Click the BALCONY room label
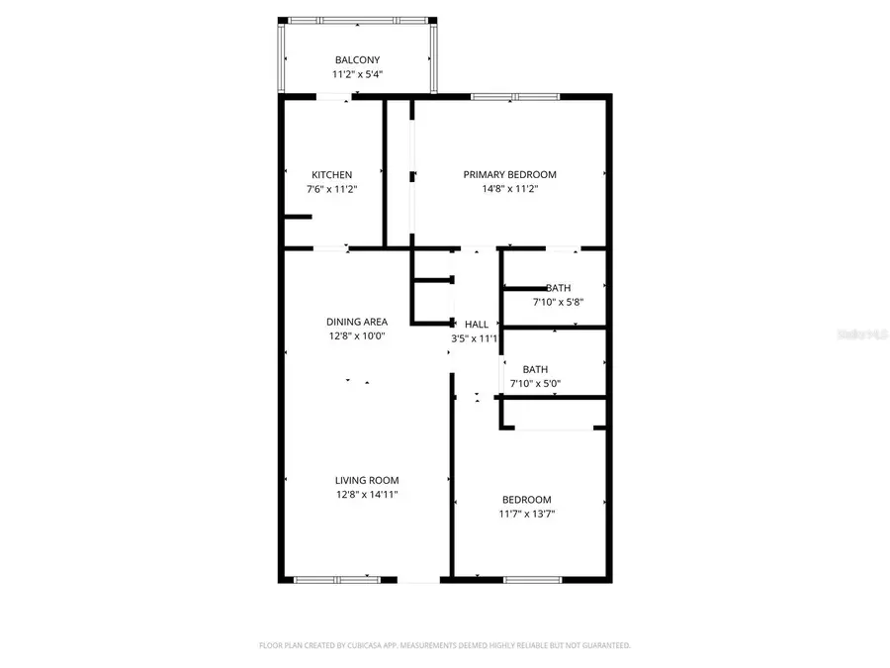coord(357,60)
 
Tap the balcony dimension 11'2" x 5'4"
coord(357,74)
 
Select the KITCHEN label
coord(332,175)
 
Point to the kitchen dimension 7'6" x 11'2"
coord(332,189)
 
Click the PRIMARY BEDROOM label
coord(509,175)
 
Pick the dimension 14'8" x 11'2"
coord(509,189)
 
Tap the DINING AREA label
coord(357,322)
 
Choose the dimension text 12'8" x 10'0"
coord(357,335)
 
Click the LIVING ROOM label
coord(367,480)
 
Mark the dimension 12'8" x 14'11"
coord(367,494)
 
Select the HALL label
coord(477,324)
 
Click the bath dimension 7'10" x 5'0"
coord(535,383)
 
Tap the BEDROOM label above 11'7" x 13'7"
coord(527,500)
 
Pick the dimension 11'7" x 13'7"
coord(527,514)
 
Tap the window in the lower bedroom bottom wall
coord(533,579)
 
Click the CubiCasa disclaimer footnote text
coord(444,645)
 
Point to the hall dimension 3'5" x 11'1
coord(474,337)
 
